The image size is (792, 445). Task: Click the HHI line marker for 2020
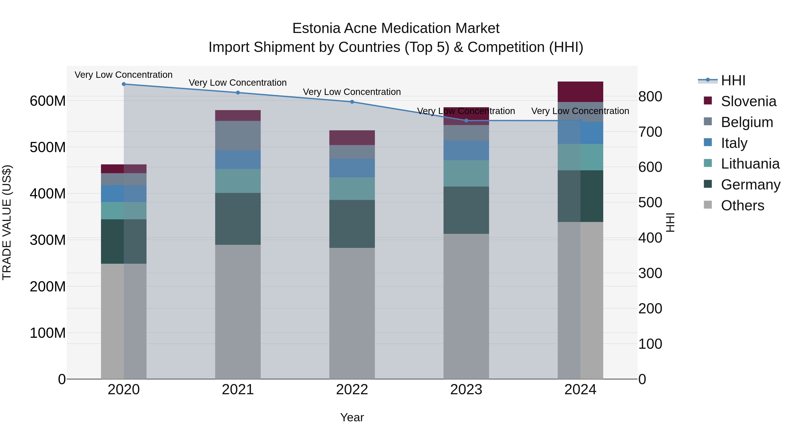click(124, 84)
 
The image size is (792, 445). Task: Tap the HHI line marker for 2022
click(352, 102)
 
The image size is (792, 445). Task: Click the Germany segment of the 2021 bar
click(238, 219)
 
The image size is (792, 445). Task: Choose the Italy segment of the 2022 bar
click(352, 168)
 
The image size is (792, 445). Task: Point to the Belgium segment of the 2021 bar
click(238, 136)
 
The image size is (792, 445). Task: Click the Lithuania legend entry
click(750, 164)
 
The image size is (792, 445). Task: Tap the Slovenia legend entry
click(748, 101)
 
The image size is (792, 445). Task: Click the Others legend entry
click(742, 205)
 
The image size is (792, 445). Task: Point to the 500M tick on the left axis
click(48, 147)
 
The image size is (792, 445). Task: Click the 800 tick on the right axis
click(650, 96)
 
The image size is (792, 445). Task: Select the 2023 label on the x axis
click(466, 390)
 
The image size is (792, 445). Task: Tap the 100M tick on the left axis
click(48, 333)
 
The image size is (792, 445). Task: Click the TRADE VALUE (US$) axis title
click(7, 222)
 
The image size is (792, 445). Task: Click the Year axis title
click(352, 417)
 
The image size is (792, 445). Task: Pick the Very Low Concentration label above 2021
click(238, 83)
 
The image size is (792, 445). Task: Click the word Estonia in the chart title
click(316, 28)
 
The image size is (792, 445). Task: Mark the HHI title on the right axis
click(670, 222)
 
